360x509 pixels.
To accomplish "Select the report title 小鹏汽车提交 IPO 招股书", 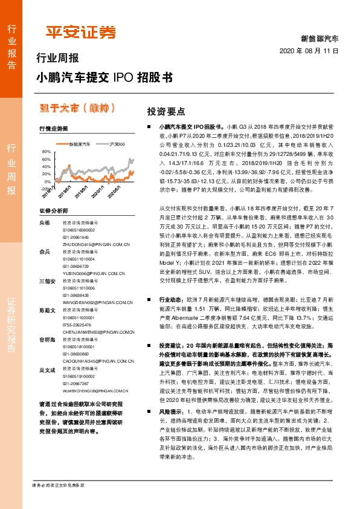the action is click(x=104, y=77).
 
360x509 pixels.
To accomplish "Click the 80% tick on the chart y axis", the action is click(x=47, y=151).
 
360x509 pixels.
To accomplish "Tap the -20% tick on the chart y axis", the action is click(x=45, y=188).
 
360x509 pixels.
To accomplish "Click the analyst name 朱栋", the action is click(x=44, y=223).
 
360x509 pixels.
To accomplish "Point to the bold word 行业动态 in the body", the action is click(x=170, y=299).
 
